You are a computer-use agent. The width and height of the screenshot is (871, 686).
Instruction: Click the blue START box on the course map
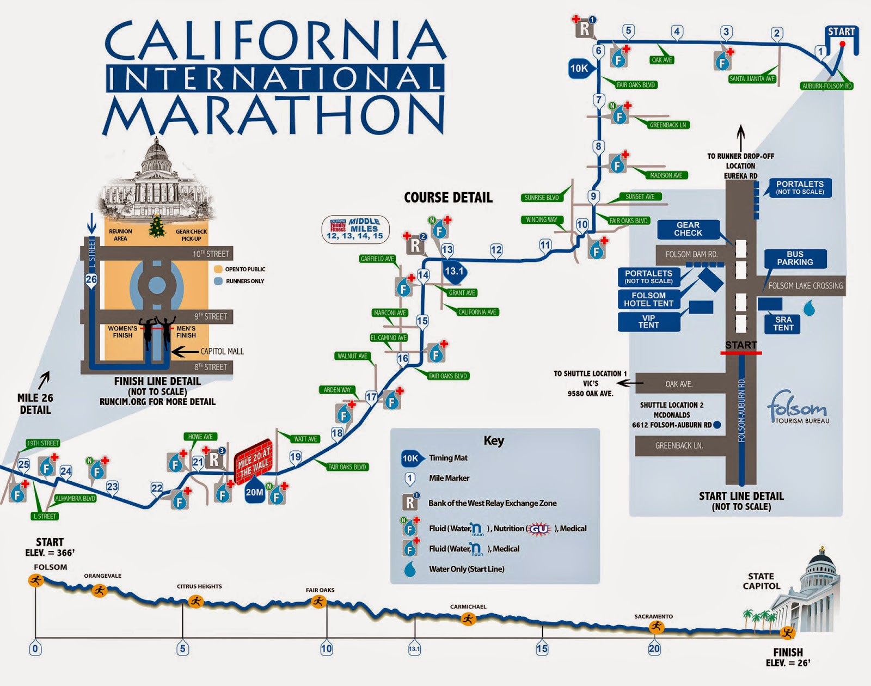pyautogui.click(x=841, y=32)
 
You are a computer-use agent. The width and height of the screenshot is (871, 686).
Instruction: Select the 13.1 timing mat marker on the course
pyautogui.click(x=455, y=271)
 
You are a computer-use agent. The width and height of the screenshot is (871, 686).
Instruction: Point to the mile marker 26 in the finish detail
pyautogui.click(x=91, y=279)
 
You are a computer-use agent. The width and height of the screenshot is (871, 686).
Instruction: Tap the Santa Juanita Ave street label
pyautogui.click(x=752, y=79)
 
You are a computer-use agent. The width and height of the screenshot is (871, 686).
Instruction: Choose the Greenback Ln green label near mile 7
pyautogui.click(x=668, y=125)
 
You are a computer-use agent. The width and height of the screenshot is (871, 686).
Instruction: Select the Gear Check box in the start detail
pyautogui.click(x=688, y=229)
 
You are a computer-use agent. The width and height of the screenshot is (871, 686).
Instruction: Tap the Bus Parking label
pyautogui.click(x=795, y=259)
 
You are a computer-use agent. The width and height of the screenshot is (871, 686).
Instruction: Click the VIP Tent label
pyautogui.click(x=648, y=322)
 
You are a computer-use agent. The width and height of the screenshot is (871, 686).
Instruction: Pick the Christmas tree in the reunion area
pyautogui.click(x=157, y=226)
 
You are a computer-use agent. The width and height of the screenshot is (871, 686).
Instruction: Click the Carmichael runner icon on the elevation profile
pyautogui.click(x=468, y=618)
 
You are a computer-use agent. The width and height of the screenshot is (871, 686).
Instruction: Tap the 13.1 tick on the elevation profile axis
pyautogui.click(x=414, y=648)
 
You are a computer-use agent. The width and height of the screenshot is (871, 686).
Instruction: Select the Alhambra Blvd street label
pyautogui.click(x=75, y=498)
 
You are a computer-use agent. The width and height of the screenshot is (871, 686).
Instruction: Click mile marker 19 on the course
pyautogui.click(x=296, y=457)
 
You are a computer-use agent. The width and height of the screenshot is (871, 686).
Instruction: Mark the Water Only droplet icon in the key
pyautogui.click(x=409, y=569)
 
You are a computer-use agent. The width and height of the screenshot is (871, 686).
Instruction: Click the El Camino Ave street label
pyautogui.click(x=389, y=338)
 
